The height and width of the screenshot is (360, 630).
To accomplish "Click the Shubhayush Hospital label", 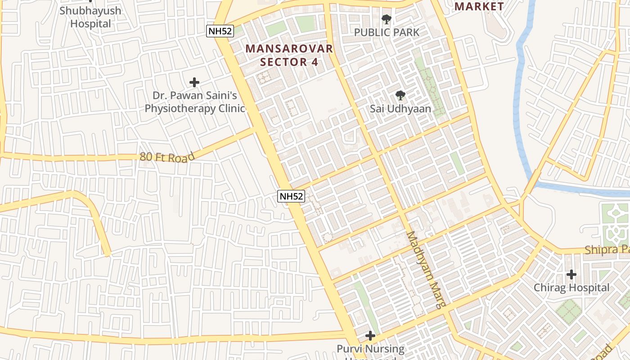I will click(x=90, y=17).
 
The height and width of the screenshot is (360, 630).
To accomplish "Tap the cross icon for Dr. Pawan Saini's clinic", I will click(x=194, y=82).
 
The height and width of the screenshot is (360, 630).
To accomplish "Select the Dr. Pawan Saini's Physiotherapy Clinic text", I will click(x=194, y=102).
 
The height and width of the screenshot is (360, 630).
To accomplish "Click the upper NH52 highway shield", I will click(x=220, y=31).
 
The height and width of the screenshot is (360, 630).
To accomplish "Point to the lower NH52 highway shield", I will click(x=291, y=196).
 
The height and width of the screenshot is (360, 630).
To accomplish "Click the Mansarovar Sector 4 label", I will click(x=289, y=55).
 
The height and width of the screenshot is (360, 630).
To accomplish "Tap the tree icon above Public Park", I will click(x=386, y=19).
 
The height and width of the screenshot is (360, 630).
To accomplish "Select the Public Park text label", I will click(x=387, y=32).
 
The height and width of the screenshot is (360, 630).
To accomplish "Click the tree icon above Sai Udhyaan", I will click(x=400, y=95).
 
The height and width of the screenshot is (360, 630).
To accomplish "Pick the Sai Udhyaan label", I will click(x=400, y=109).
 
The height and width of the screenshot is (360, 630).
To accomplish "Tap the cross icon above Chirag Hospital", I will click(x=571, y=274).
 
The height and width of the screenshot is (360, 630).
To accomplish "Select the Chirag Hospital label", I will click(x=571, y=288).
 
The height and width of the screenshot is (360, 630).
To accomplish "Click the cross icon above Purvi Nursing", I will click(x=370, y=335).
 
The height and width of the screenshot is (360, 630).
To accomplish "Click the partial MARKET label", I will click(x=479, y=6).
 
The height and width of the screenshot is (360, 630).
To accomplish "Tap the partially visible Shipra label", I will click(x=607, y=250).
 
